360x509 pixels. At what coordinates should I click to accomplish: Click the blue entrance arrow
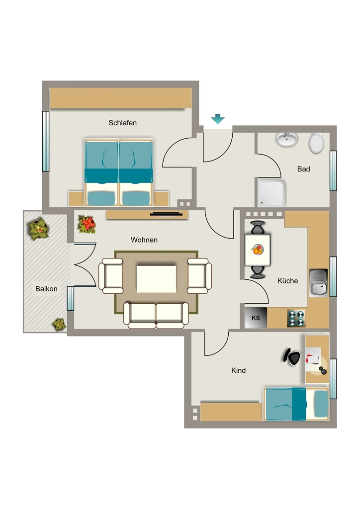[217, 119]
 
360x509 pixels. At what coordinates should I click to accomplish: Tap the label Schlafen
[122, 123]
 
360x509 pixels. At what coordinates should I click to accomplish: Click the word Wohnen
[144, 240]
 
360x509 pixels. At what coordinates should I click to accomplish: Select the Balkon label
[46, 289]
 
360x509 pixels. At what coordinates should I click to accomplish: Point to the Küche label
[287, 281]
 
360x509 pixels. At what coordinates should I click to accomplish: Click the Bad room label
[303, 169]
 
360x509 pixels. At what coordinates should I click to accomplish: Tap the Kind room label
[238, 370]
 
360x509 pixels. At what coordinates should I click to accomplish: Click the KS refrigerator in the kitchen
[256, 318]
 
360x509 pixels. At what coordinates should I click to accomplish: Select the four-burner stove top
[296, 318]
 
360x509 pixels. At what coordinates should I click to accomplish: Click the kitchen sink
[318, 282]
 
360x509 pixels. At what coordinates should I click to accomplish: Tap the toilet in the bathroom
[316, 143]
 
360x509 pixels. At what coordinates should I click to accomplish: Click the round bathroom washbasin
[287, 139]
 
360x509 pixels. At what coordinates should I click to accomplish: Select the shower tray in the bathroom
[272, 193]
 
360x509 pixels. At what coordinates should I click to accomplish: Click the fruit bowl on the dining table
[258, 250]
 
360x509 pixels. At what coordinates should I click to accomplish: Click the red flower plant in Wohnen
[87, 224]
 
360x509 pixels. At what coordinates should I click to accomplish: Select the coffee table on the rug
[157, 279]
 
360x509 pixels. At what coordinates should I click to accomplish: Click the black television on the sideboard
[166, 214]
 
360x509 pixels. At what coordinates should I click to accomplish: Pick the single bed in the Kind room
[296, 404]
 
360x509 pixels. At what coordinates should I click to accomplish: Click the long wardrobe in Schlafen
[120, 98]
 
